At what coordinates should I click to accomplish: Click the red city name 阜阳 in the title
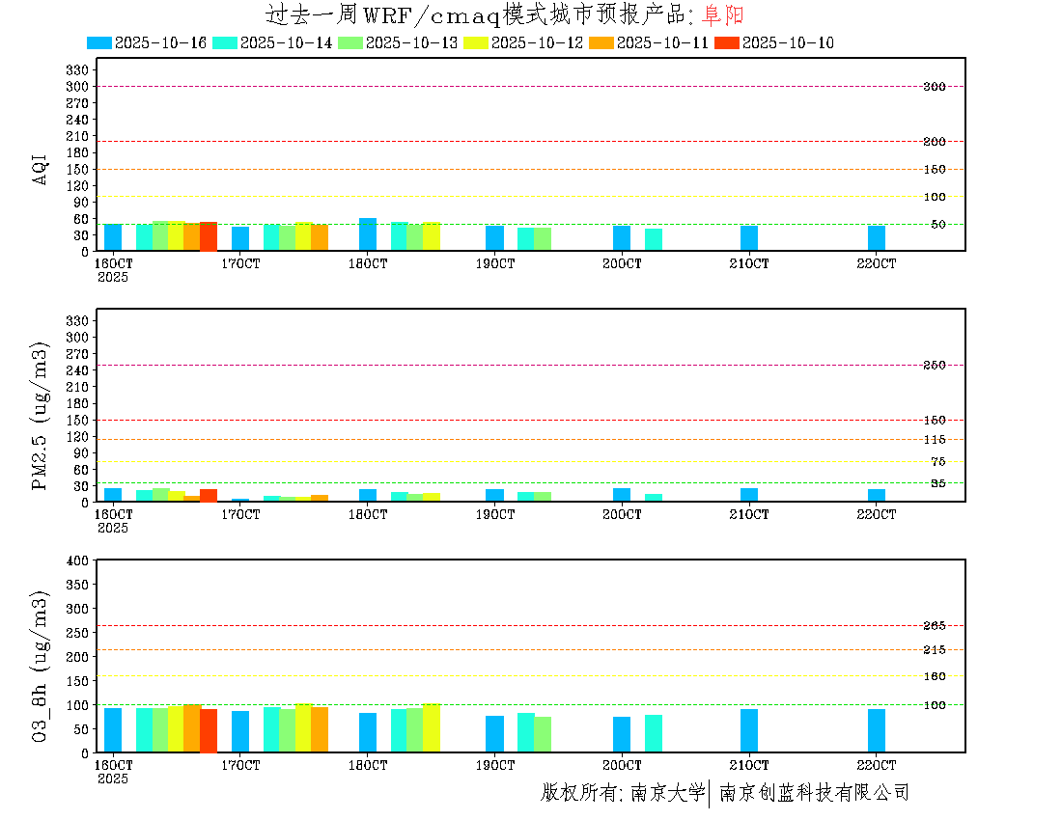(x=723, y=14)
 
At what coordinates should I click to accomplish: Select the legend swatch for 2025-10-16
(x=99, y=42)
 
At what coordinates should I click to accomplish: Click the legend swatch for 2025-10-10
(x=727, y=42)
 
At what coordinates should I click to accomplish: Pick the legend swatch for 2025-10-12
(x=476, y=42)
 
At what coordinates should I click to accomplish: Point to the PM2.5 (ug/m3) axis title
(x=41, y=416)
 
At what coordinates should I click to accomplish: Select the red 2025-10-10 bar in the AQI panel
(x=209, y=236)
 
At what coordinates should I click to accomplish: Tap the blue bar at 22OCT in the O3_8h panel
(x=877, y=730)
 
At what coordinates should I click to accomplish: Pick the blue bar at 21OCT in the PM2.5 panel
(x=749, y=494)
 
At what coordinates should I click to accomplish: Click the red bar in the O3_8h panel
(x=209, y=730)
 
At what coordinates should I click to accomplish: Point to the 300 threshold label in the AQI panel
(x=934, y=87)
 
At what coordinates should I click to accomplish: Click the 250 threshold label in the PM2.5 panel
(x=934, y=366)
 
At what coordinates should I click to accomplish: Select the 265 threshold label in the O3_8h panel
(x=934, y=626)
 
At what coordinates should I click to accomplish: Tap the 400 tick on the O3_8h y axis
(x=76, y=560)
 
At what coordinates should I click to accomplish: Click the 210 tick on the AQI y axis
(x=76, y=136)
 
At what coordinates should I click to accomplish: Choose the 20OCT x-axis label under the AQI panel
(x=622, y=263)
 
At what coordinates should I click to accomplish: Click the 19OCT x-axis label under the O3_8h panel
(x=494, y=765)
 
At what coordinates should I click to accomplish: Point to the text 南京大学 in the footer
(x=667, y=793)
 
